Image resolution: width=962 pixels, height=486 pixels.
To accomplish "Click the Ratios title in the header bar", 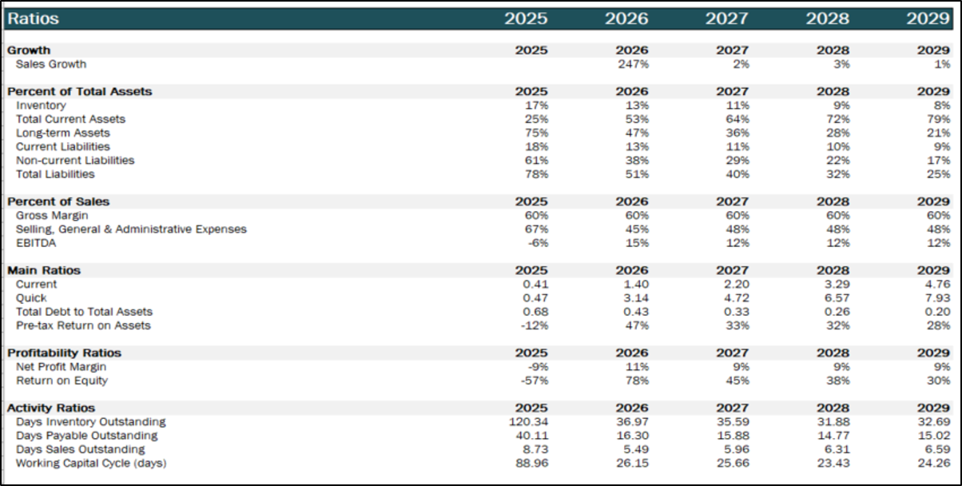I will [33, 18].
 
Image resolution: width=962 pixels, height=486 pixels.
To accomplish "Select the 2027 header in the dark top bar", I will [726, 18].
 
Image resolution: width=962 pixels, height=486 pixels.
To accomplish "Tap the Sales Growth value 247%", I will [633, 64].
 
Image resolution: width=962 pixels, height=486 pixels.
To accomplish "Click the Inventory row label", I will [41, 106].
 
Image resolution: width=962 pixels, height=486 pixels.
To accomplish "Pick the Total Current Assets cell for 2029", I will [936, 119].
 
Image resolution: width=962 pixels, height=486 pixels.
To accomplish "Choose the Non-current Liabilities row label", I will [75, 161].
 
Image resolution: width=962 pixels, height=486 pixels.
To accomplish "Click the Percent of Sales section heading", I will [58, 201].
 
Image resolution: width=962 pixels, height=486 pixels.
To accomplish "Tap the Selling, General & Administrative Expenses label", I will [131, 229].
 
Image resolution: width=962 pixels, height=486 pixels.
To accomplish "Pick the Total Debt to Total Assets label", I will [84, 312].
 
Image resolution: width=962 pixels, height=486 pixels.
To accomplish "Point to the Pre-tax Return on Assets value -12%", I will [533, 326].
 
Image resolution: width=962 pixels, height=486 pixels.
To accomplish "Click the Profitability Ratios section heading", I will [63, 353].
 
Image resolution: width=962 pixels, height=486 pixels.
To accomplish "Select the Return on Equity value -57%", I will [533, 380].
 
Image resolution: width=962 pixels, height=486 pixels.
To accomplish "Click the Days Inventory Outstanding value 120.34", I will [528, 422].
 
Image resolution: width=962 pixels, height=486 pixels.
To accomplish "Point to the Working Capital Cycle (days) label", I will [91, 463].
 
